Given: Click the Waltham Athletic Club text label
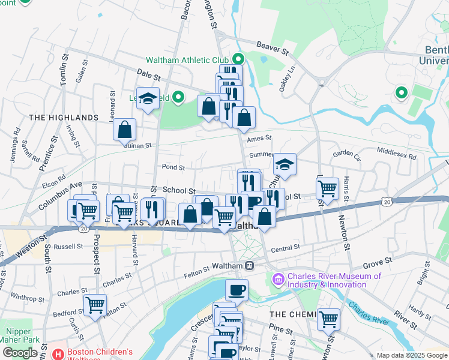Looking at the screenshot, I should click(187, 60).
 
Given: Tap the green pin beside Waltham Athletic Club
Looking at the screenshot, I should click(238, 59).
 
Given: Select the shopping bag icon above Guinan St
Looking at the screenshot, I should click(124, 130).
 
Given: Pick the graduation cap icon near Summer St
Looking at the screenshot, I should click(285, 165).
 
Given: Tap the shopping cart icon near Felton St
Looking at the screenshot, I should click(95, 305).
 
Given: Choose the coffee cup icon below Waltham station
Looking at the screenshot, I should click(237, 290).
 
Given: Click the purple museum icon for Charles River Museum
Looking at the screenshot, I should click(278, 280).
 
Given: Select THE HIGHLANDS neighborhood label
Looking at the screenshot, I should click(63, 118).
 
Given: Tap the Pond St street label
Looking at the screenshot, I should click(172, 167).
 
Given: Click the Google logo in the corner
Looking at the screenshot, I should click(20, 353).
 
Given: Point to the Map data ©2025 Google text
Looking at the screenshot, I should click(411, 355).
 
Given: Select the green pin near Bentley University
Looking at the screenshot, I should click(401, 93).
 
